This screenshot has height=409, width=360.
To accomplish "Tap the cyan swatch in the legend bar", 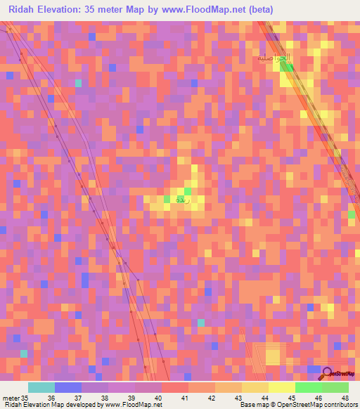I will click(x=41, y=387).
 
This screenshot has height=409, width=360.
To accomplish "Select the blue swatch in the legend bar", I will click(x=67, y=387).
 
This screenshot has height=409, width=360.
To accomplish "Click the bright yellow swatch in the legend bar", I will click(x=282, y=387).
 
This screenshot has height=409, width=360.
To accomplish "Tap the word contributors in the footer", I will click(x=337, y=405).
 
